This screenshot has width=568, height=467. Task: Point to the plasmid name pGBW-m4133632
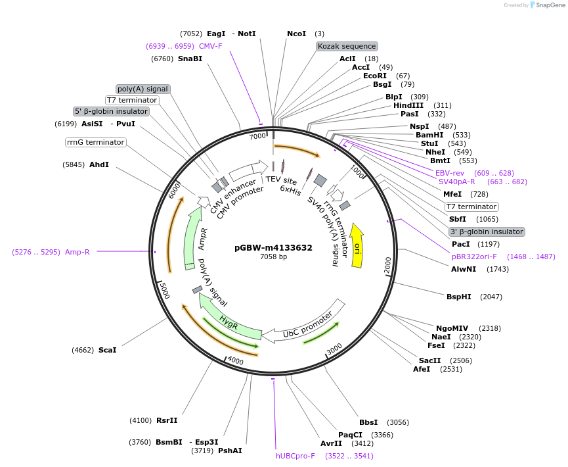point(273,248)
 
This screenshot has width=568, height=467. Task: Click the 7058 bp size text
point(273,257)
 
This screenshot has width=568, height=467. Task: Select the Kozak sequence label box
point(346,46)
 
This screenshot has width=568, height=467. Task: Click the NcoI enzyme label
point(296,34)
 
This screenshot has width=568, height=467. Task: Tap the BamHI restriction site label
point(429,135)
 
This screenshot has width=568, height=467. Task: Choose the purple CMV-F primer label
point(211,46)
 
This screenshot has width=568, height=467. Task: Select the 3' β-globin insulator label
point(486,232)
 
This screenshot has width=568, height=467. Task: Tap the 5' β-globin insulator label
point(111,112)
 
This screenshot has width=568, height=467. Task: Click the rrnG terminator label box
point(95,142)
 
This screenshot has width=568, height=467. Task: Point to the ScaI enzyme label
point(107,350)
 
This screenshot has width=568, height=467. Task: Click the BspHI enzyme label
point(459,297)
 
